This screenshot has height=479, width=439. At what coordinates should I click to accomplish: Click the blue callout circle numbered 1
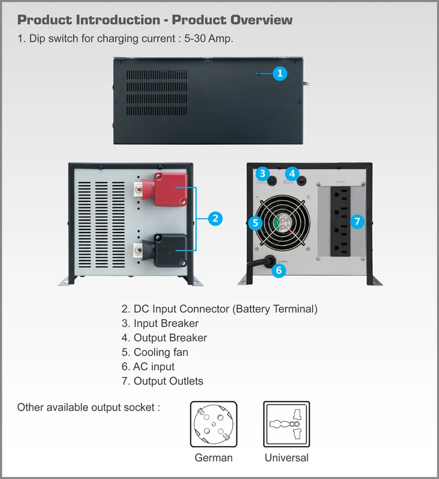pos(280,73)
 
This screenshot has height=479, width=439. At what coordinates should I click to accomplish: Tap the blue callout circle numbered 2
pos(215,218)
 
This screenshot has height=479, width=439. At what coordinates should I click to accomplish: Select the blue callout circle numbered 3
pos(263,173)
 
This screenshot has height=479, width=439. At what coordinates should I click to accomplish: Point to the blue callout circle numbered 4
pos(292,173)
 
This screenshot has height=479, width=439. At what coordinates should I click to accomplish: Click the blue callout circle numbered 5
pos(255,223)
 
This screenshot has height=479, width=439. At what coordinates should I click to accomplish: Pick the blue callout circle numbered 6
pos(279,270)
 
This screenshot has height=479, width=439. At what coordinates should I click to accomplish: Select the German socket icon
pos(214,425)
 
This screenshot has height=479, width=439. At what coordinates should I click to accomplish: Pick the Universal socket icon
pos(286,425)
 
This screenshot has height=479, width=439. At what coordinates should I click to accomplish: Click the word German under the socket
pos(214,458)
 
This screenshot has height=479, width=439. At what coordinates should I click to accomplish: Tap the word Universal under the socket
pos(286,458)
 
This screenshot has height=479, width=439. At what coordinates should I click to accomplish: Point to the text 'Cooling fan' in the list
pos(161,353)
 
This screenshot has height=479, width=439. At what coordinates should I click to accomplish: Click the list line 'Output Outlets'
pos(169,381)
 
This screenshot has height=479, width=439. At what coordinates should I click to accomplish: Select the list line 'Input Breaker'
pos(166,323)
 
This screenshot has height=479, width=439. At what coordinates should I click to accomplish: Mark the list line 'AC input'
pos(154,367)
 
